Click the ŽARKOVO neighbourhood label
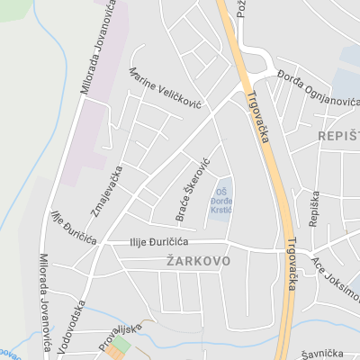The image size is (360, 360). click(198, 261)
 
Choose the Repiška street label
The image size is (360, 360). click(313, 209)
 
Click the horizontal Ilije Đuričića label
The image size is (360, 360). click(145, 243)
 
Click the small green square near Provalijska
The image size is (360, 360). click(121, 346)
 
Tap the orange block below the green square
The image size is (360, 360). click(114, 354)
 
